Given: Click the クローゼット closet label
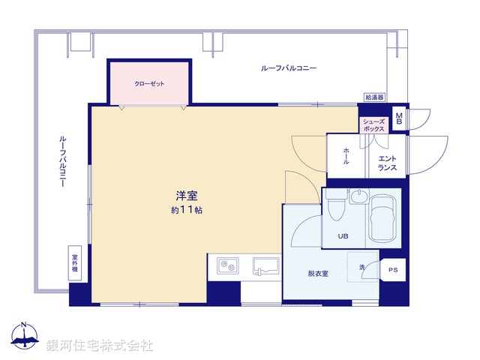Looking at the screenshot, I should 149,83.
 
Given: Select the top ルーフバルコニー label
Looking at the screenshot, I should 289,68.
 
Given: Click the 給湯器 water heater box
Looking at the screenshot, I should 374,97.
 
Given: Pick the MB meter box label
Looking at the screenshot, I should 399,117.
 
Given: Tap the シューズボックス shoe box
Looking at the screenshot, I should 373,125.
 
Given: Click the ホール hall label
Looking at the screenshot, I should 346,156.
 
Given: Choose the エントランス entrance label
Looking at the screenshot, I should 387,163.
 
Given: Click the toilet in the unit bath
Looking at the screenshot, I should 334,203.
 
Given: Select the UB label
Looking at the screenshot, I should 343,237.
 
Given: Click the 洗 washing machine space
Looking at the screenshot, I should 364,269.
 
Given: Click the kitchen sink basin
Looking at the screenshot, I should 265,265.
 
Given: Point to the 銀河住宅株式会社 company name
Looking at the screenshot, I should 100,345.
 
